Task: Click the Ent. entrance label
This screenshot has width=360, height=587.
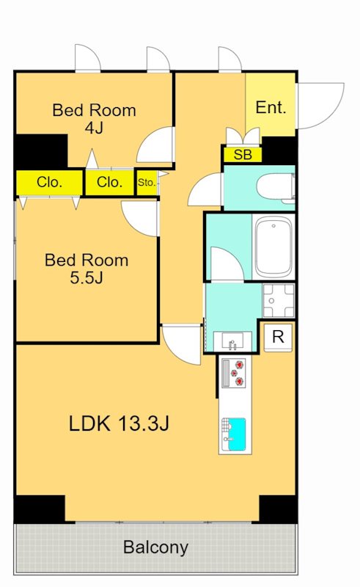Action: (x=271, y=108)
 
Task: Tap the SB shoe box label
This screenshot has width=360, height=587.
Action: (x=243, y=154)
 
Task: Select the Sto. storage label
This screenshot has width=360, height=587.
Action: (x=147, y=183)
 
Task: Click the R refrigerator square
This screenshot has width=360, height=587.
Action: (x=278, y=337)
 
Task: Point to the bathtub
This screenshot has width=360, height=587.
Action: (x=273, y=247)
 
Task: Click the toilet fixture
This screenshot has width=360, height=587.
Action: (x=276, y=188)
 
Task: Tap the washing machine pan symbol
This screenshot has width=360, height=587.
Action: (x=279, y=300)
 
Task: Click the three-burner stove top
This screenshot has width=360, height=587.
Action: (x=234, y=373)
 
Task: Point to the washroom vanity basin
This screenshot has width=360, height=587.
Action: (x=232, y=341)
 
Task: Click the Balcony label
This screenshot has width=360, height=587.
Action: (x=155, y=547)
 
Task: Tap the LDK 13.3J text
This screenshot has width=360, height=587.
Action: (x=120, y=423)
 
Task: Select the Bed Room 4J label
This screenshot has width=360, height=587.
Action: (x=94, y=119)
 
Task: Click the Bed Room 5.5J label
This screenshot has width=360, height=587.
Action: (x=87, y=269)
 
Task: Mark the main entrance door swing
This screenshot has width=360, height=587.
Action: (x=320, y=106)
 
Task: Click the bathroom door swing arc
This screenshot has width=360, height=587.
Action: (x=227, y=263)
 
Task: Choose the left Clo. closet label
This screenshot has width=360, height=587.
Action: (x=49, y=182)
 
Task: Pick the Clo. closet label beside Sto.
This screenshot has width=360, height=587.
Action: (x=109, y=182)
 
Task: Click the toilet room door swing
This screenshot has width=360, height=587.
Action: (x=205, y=189)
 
